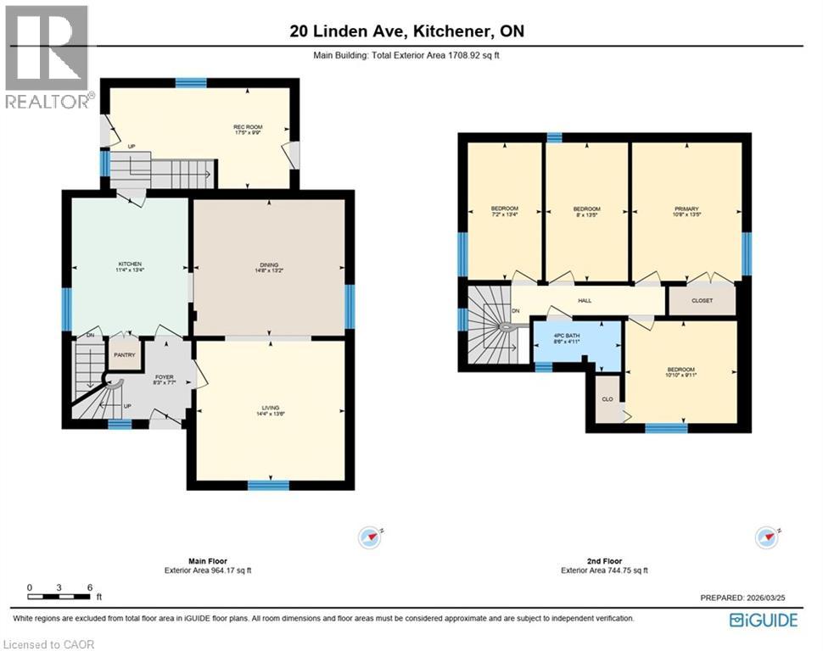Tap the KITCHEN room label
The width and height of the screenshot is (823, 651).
[130, 267]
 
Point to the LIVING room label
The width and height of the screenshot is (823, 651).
[271, 411]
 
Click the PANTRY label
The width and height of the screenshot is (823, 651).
[125, 355]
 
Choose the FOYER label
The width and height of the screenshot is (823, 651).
[164, 379]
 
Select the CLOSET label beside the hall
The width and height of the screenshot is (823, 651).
[702, 300]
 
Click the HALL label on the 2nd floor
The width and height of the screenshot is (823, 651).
[585, 300]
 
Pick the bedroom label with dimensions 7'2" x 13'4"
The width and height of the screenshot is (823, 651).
[504, 212]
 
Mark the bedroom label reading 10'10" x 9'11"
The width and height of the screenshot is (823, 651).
[680, 373]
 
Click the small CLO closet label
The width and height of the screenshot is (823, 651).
[607, 398]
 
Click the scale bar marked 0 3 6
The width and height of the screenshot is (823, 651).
[59, 587]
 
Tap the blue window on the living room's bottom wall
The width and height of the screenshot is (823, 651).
[268, 485]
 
